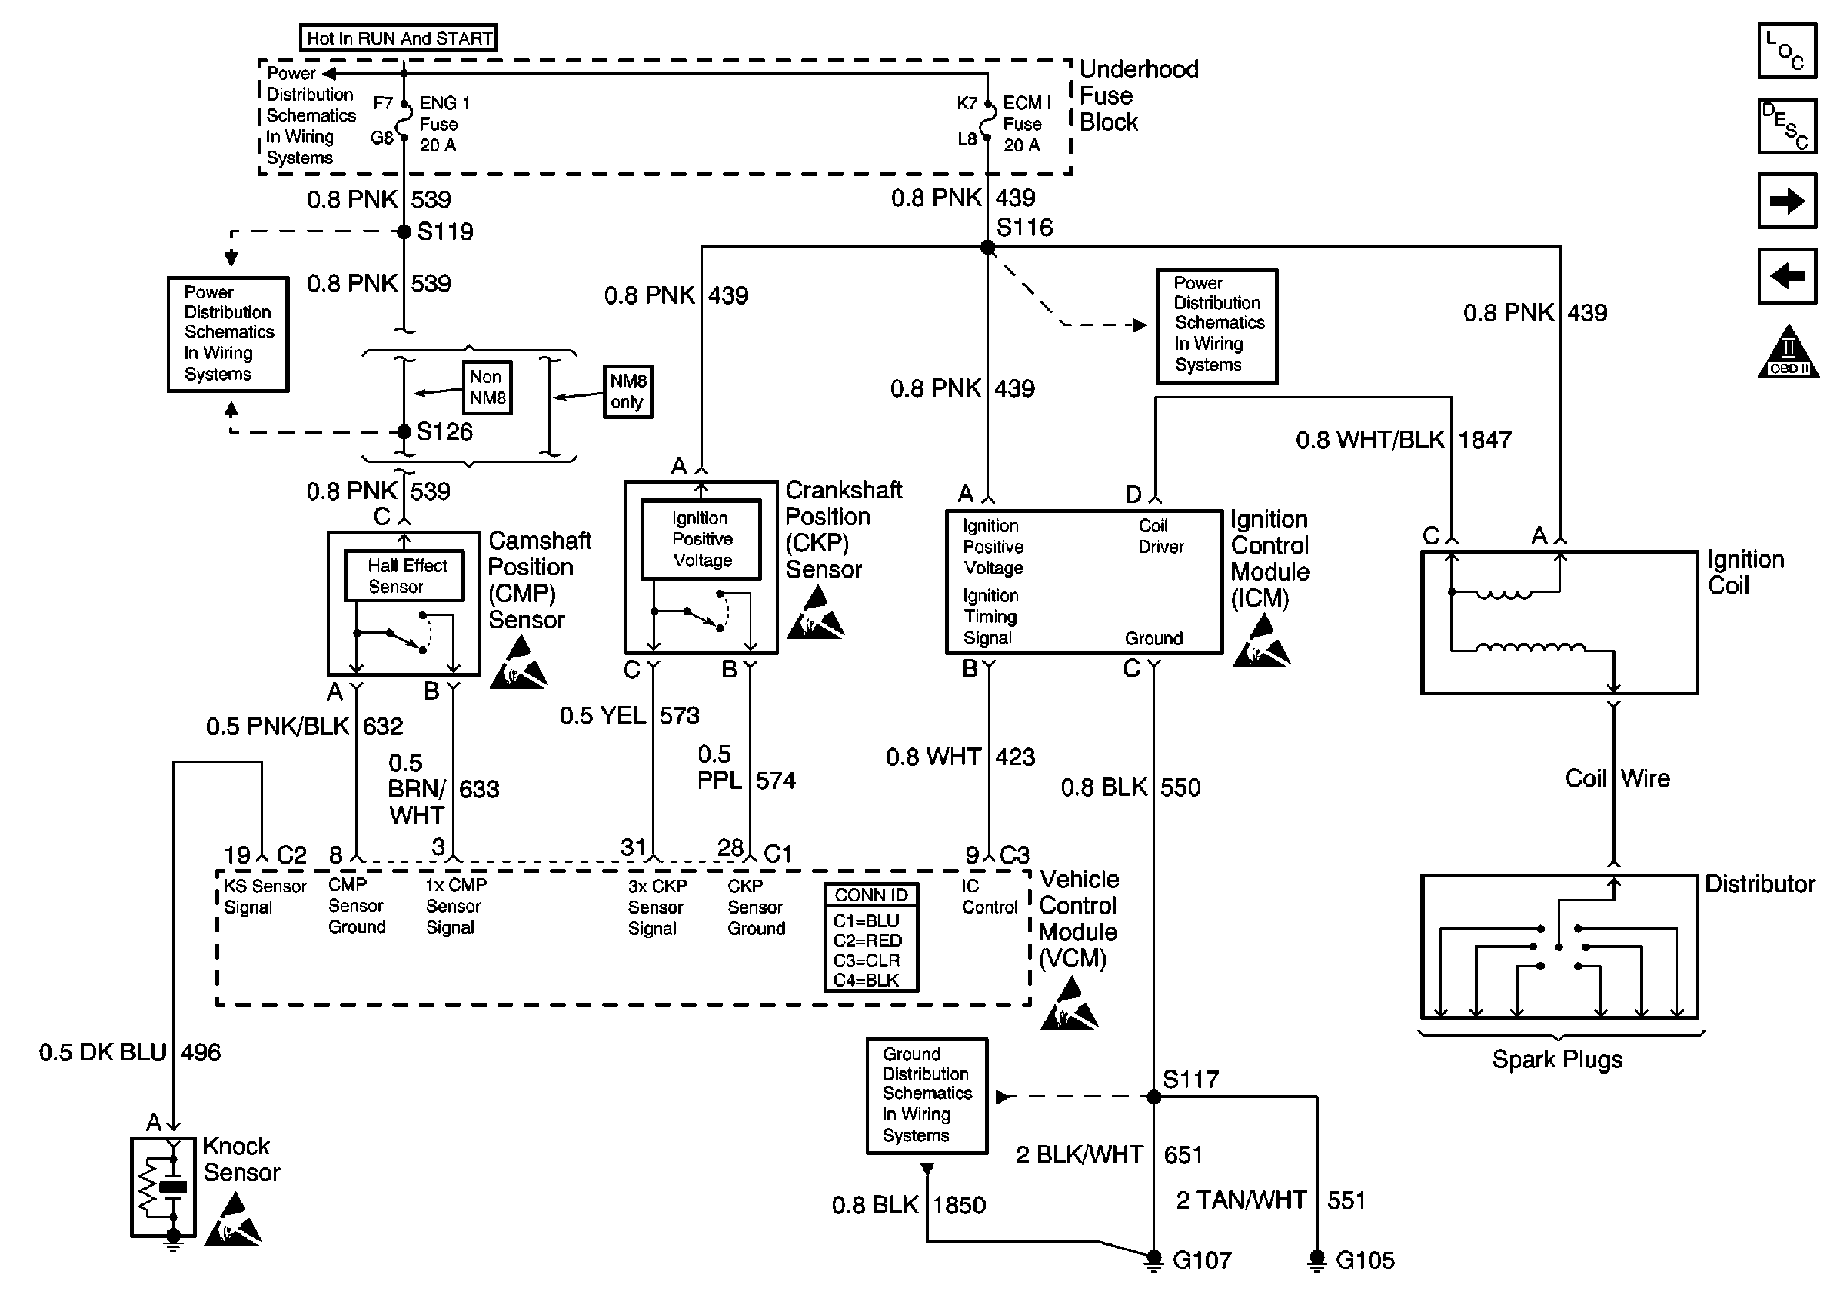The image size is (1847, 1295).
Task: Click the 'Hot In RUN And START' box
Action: click(x=398, y=38)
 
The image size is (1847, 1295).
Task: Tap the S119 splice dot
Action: click(x=404, y=231)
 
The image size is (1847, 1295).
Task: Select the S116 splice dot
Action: click(x=988, y=248)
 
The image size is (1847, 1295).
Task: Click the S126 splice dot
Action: click(x=404, y=432)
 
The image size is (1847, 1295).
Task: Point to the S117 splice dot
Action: click(x=1153, y=1097)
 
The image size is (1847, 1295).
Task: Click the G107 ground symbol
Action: click(x=1153, y=1260)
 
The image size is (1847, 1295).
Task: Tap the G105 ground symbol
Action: click(x=1317, y=1260)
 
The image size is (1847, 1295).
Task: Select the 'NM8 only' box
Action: click(x=627, y=391)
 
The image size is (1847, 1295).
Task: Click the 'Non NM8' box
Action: click(x=488, y=388)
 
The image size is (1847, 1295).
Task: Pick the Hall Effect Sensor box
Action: click(x=404, y=576)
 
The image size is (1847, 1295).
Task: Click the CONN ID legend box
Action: click(x=870, y=937)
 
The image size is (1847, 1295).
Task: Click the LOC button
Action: click(x=1787, y=52)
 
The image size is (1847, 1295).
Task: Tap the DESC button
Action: click(x=1787, y=126)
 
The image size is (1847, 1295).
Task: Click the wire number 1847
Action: click(x=1485, y=440)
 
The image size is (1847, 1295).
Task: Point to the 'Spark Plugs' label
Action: click(x=1557, y=1060)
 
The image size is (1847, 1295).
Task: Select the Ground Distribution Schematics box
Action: click(x=927, y=1096)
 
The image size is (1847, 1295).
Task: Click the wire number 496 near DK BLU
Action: click(x=200, y=1052)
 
